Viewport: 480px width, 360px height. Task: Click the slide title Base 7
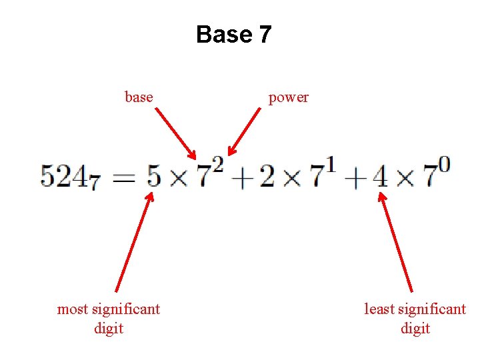pyautogui.click(x=233, y=34)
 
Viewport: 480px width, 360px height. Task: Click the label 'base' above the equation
pyautogui.click(x=139, y=97)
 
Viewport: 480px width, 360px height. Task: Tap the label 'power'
pyautogui.click(x=288, y=98)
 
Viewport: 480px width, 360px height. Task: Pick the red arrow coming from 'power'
pyautogui.click(x=244, y=132)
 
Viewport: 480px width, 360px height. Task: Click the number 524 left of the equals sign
pyautogui.click(x=64, y=176)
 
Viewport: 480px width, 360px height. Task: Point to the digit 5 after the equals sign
pyautogui.click(x=153, y=176)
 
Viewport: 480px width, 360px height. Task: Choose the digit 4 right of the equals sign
pyautogui.click(x=379, y=177)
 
